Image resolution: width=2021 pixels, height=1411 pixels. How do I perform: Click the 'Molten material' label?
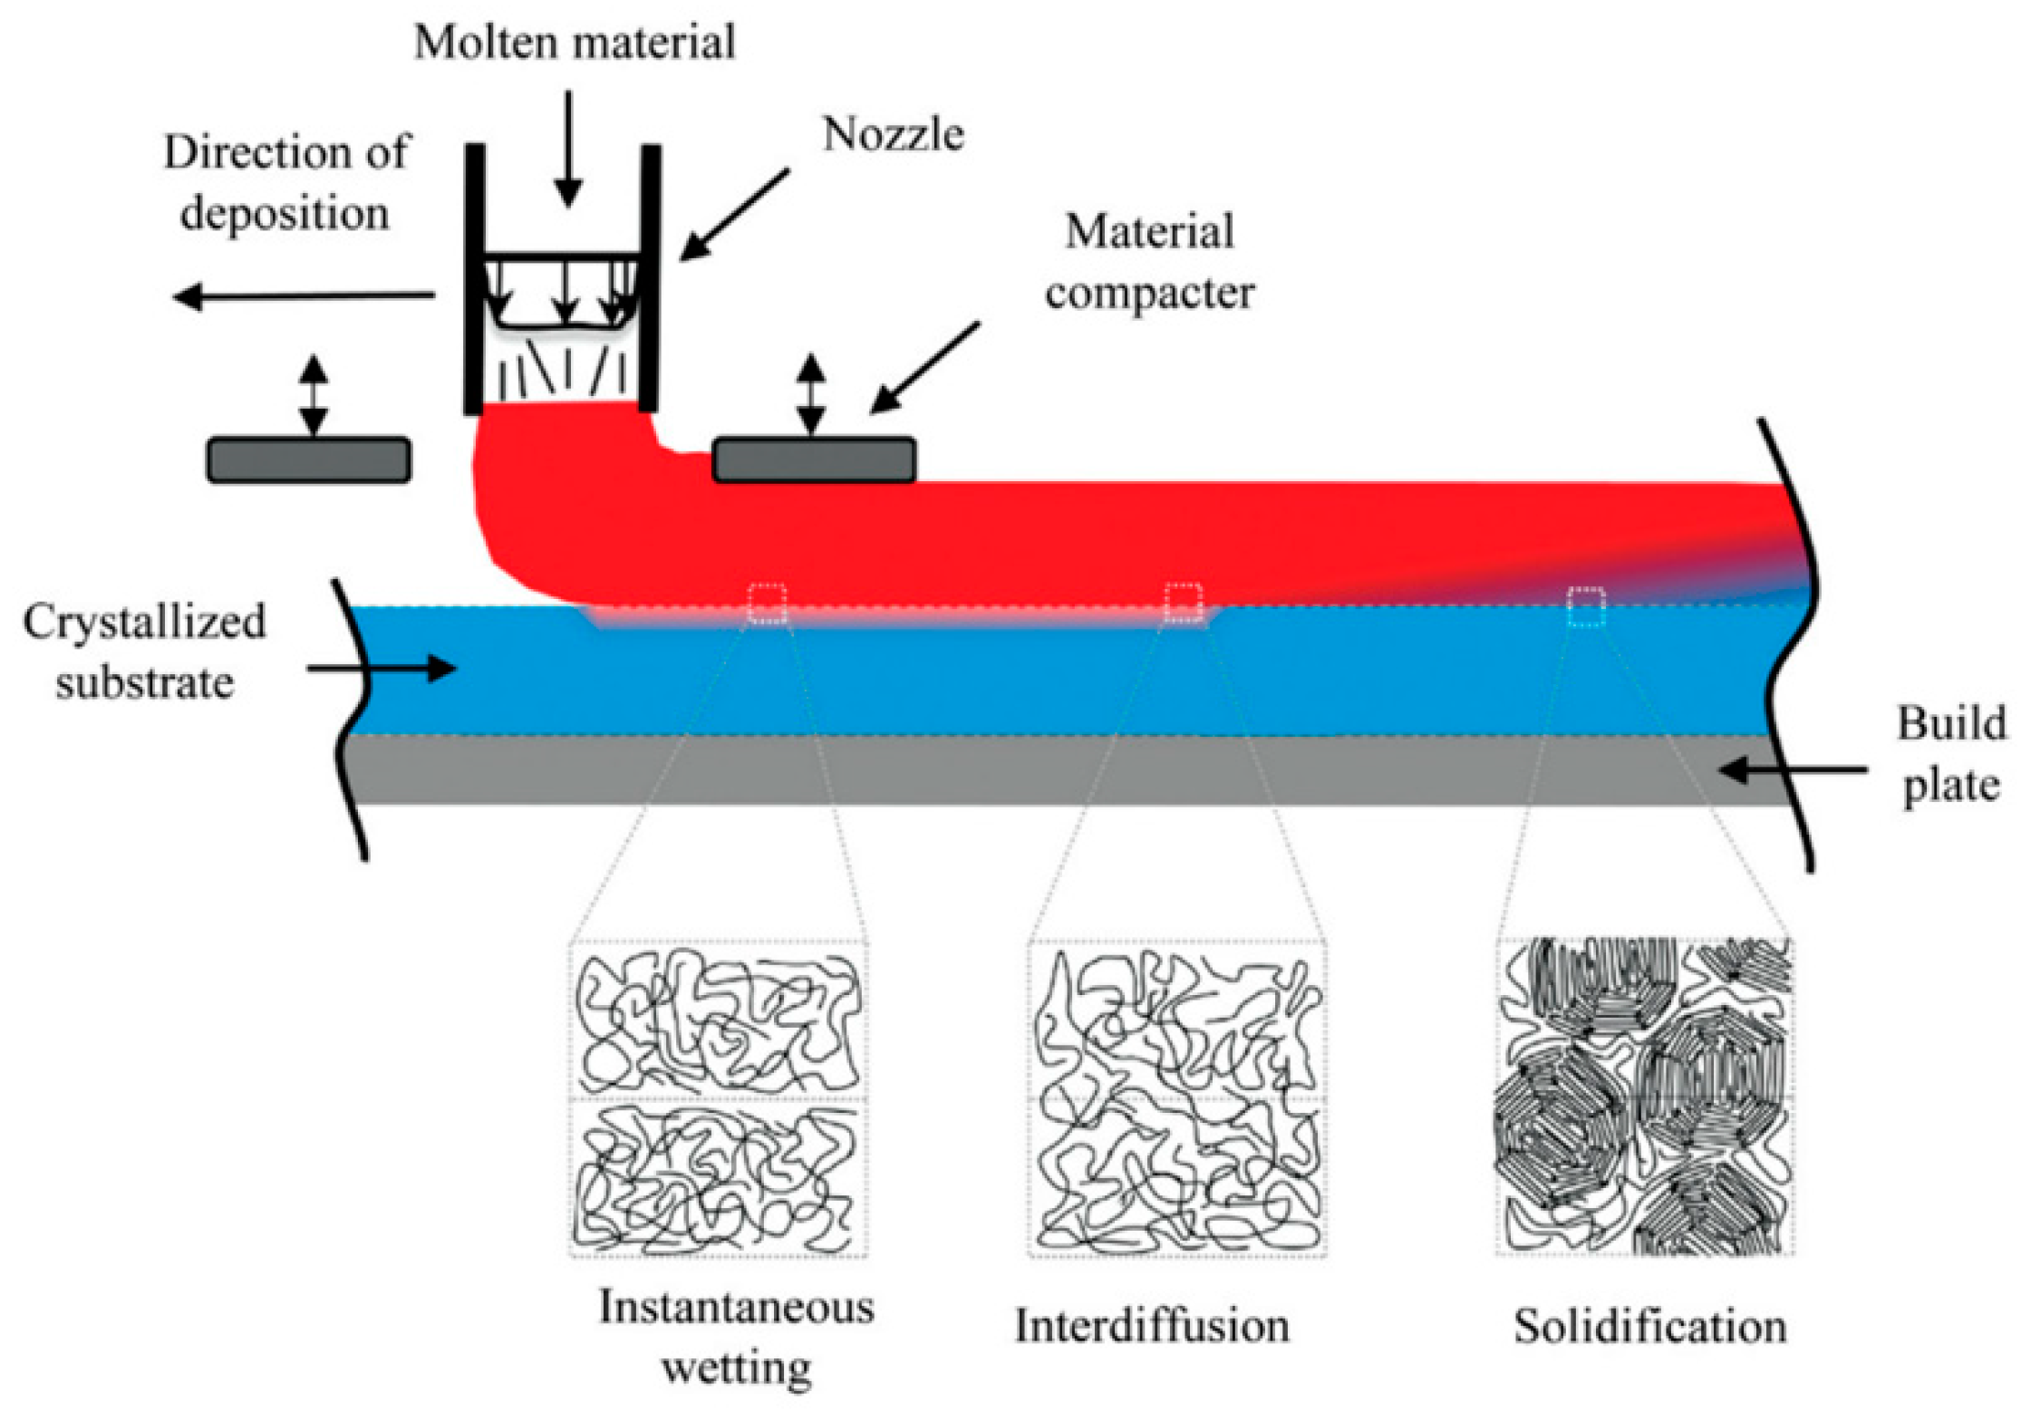574,43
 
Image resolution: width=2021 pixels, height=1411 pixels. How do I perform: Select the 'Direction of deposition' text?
285,182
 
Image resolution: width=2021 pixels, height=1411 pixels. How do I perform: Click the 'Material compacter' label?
1149,262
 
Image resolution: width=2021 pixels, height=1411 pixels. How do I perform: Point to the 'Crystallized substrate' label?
144,652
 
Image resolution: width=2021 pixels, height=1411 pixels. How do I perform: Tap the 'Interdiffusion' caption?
1152,1326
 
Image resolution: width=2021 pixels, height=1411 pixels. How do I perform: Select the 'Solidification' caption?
1649,1327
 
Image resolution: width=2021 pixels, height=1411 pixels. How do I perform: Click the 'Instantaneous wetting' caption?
736,1337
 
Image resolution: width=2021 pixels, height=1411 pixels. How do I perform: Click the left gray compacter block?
309,459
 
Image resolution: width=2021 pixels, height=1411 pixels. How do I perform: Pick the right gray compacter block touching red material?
814,459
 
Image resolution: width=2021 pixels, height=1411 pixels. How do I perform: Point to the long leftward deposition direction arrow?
304,295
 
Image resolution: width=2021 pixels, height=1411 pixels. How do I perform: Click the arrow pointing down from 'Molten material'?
568,150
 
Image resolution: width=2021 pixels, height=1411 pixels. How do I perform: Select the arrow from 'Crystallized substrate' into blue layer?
381,670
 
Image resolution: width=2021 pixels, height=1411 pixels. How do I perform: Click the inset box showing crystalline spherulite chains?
1644,1097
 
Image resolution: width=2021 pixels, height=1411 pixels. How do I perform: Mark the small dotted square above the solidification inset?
1586,606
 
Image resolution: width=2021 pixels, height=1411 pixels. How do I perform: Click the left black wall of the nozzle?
474,279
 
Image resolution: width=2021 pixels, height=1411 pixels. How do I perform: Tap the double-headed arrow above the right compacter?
810,394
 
